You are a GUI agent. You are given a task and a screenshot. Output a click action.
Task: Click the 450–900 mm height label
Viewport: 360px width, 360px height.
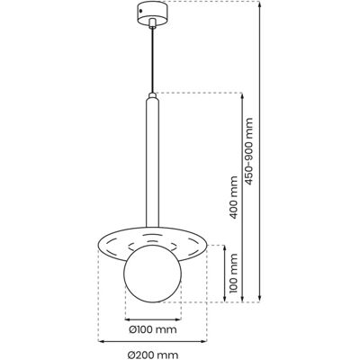(x=249, y=150)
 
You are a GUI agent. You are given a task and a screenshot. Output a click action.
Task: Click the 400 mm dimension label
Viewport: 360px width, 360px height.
(x=234, y=197)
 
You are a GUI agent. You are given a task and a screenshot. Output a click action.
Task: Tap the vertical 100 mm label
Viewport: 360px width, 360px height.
(x=234, y=273)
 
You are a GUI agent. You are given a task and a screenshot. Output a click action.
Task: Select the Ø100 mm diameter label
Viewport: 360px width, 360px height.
(x=153, y=329)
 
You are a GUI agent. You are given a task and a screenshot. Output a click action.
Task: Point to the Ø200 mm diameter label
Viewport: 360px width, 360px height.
(x=153, y=355)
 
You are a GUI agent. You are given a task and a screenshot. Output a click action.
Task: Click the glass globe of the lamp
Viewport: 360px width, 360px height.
(x=153, y=274)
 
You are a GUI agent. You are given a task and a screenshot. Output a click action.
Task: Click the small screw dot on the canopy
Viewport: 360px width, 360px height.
(x=140, y=12)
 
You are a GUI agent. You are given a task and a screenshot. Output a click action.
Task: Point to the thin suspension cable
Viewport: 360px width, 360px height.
(x=153, y=61)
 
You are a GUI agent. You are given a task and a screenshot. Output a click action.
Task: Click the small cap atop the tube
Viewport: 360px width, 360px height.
(x=153, y=96)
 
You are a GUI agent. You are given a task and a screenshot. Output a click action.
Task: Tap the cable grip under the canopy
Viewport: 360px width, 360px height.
(x=153, y=23)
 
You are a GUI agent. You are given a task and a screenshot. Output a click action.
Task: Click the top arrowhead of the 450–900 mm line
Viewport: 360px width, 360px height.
(x=260, y=4)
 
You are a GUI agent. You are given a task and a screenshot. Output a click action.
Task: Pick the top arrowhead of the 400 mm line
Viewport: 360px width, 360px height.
(x=242, y=95)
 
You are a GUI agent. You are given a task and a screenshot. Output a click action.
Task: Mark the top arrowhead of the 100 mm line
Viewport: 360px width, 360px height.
(x=225, y=247)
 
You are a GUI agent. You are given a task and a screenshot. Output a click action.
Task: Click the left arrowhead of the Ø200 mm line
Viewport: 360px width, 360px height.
(x=101, y=341)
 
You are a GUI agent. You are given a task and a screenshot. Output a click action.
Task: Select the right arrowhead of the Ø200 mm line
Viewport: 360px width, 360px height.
(x=204, y=341)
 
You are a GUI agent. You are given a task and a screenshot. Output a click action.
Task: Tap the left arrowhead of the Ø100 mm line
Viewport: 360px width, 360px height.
(x=128, y=319)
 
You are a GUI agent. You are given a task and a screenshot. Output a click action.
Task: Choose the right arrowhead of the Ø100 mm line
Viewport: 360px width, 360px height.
(x=178, y=319)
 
